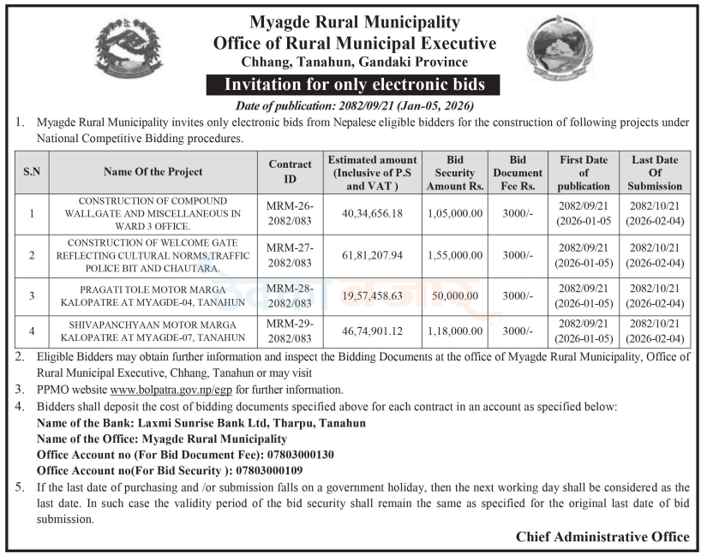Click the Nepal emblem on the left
click(x=127, y=50)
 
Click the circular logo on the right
click(x=559, y=48)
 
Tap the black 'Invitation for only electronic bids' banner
click(x=354, y=85)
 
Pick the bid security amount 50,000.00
click(x=455, y=295)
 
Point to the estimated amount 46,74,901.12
click(x=371, y=331)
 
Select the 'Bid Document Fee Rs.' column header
click(x=518, y=173)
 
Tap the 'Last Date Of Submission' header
click(x=654, y=173)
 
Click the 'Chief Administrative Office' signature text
click(x=602, y=537)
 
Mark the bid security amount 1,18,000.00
click(x=455, y=331)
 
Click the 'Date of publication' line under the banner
click(x=354, y=106)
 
